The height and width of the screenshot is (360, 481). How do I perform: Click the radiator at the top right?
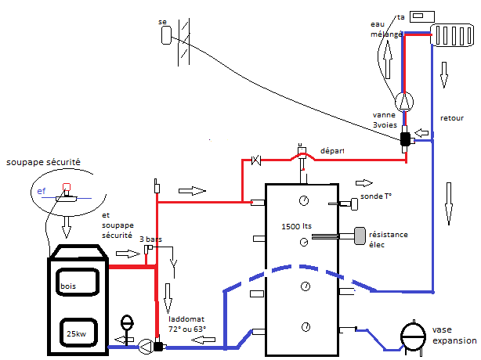pos(452,35)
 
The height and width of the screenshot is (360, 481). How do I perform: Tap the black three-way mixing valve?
pos(405,139)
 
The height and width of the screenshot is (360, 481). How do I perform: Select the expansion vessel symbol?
pos(413,337)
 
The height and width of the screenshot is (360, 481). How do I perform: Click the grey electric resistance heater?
pos(360,236)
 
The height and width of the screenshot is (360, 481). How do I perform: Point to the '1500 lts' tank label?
pos(296,226)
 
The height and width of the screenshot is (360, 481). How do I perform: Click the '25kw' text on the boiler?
pos(77,333)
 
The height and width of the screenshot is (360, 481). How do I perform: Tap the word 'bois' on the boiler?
pos(68,286)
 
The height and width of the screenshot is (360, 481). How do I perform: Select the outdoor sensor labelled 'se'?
pos(166,35)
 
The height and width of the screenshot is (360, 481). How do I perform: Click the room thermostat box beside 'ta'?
pos(422,16)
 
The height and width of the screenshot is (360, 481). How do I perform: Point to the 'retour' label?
pos(452,118)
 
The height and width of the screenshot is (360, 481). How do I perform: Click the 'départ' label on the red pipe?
pos(332,151)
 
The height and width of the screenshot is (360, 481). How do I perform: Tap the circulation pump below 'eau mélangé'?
pos(404,102)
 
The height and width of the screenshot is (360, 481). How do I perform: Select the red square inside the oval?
pos(67,187)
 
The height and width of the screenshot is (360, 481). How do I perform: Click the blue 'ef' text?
pos(41,191)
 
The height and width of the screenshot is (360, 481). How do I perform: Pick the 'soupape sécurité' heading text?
pos(43,162)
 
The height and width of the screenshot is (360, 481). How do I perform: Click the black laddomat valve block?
pos(158,347)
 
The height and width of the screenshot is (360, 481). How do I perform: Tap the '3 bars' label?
pos(150,239)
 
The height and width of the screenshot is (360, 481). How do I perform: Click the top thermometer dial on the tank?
pos(304,200)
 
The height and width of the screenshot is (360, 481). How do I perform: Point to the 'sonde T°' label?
pos(376,196)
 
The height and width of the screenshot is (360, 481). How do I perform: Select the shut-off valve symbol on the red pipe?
pos(256,160)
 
